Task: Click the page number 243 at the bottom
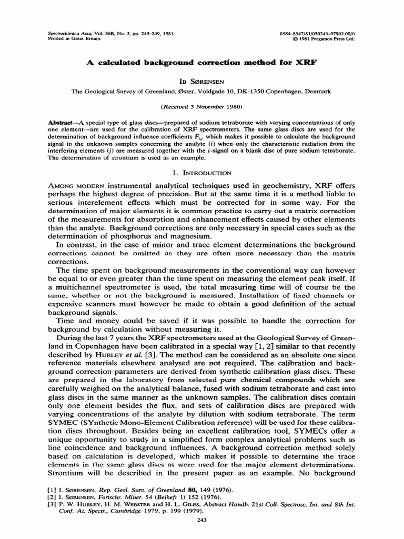tap(202, 521)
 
